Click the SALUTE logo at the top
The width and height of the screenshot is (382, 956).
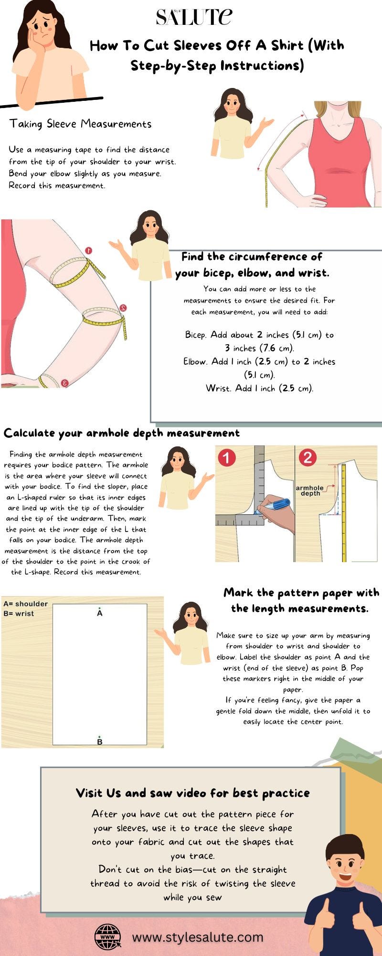194,17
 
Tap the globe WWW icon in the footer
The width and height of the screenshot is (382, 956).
107,936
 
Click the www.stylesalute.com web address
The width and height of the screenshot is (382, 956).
198,937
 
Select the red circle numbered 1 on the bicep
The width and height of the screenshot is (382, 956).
88,250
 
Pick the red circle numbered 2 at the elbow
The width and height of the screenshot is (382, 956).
123,308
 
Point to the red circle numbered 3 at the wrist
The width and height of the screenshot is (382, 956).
64,382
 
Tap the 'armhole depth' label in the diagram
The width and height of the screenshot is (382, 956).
309,490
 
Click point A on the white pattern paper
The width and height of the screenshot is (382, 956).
99,612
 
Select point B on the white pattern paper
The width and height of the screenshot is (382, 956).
99,741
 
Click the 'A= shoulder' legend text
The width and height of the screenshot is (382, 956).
25,604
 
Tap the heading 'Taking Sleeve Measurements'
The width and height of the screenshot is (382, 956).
80,124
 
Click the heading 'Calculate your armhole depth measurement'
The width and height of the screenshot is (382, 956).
121,433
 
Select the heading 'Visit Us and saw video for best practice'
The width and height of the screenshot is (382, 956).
192,793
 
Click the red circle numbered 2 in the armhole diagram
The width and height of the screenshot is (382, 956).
307,458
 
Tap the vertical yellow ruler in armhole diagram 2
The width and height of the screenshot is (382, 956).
343,511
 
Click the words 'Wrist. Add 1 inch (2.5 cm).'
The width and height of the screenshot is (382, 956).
259,388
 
